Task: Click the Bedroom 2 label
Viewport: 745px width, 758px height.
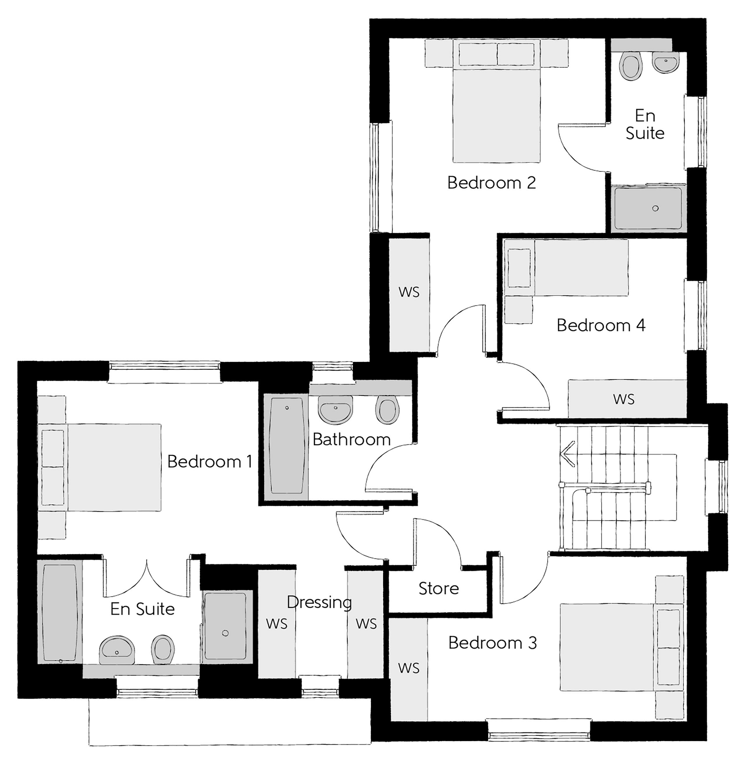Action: pyautogui.click(x=492, y=183)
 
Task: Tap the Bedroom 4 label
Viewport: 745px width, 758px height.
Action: pyautogui.click(x=600, y=325)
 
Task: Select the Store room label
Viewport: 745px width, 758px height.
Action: pyautogui.click(x=439, y=588)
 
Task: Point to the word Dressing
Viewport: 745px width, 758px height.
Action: pyautogui.click(x=319, y=603)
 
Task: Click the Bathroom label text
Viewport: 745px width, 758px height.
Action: pyautogui.click(x=352, y=439)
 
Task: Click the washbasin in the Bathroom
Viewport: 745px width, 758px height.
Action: pyautogui.click(x=336, y=410)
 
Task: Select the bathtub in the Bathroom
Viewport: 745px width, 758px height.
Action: pyautogui.click(x=287, y=447)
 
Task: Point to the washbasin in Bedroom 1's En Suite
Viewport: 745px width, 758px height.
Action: pyautogui.click(x=117, y=650)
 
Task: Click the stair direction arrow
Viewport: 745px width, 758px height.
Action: pyautogui.click(x=568, y=454)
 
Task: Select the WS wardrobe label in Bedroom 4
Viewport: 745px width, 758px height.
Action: pyautogui.click(x=624, y=399)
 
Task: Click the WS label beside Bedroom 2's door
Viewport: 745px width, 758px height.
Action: pyautogui.click(x=409, y=292)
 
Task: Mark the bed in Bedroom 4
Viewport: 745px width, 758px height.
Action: pyautogui.click(x=566, y=268)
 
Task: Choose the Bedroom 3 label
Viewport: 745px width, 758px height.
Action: pyautogui.click(x=492, y=643)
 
